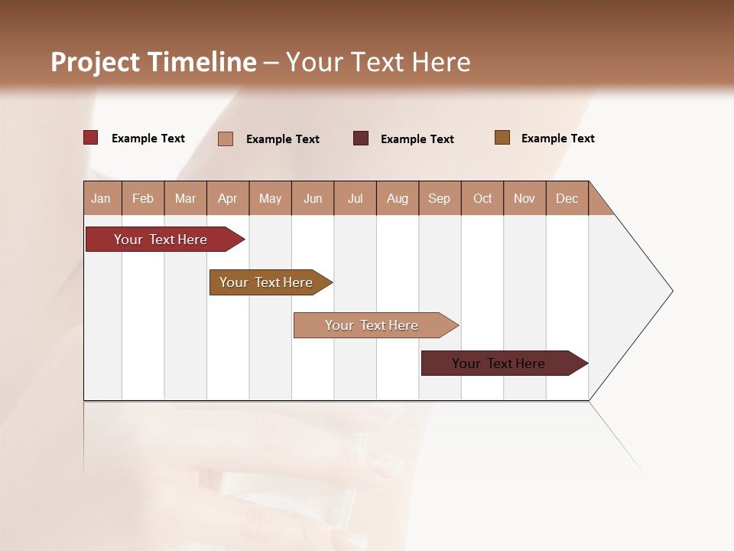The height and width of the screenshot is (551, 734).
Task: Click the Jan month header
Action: [x=102, y=198]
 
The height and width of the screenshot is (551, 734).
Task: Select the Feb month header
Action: [x=143, y=198]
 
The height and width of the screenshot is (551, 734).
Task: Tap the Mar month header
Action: [x=185, y=198]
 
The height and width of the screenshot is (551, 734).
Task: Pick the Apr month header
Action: [x=228, y=198]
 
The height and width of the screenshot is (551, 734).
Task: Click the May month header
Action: [x=270, y=198]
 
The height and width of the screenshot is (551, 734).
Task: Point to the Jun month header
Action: [x=313, y=198]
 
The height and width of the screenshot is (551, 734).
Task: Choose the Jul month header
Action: [x=355, y=198]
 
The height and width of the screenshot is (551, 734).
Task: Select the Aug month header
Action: [x=398, y=198]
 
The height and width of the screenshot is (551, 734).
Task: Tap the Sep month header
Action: [x=440, y=198]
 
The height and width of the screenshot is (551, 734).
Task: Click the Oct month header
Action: [x=482, y=198]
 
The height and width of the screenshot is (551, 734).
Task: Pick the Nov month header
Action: [x=525, y=198]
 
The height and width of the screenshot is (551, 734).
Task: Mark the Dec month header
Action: [x=567, y=198]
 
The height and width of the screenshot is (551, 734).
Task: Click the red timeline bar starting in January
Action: [x=161, y=240]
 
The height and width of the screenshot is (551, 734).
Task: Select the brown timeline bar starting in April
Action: [x=267, y=282]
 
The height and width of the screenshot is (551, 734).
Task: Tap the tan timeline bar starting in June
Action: [x=372, y=325]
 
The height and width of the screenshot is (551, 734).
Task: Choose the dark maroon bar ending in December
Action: [x=499, y=364]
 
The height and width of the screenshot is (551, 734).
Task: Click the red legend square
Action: [x=91, y=138]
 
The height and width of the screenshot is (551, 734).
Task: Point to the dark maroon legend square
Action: [x=361, y=138]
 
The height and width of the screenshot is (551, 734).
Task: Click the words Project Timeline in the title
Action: [x=154, y=62]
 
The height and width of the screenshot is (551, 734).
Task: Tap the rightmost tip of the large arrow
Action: [x=671, y=291]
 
